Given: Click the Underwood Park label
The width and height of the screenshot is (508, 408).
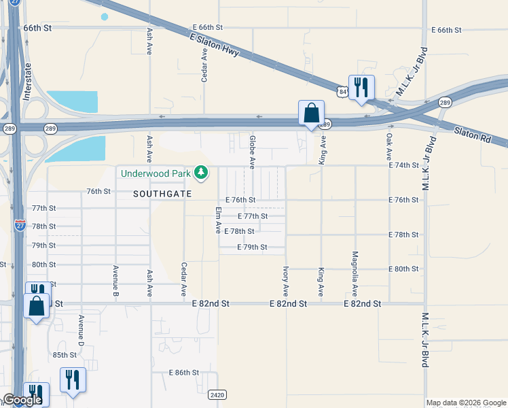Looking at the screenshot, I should pyautogui.click(x=156, y=173).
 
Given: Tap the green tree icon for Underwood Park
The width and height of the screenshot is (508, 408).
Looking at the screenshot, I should pyautogui.click(x=200, y=173).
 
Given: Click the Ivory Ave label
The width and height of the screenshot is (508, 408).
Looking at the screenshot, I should pyautogui.click(x=286, y=280).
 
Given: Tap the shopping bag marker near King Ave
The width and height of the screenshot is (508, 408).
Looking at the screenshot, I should pyautogui.click(x=311, y=113).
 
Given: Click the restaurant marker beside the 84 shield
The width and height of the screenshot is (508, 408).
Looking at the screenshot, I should pyautogui.click(x=361, y=87).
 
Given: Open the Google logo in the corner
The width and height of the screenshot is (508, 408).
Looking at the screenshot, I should pyautogui.click(x=22, y=401).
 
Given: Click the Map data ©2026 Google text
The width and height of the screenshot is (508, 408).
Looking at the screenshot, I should pyautogui.click(x=465, y=403).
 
